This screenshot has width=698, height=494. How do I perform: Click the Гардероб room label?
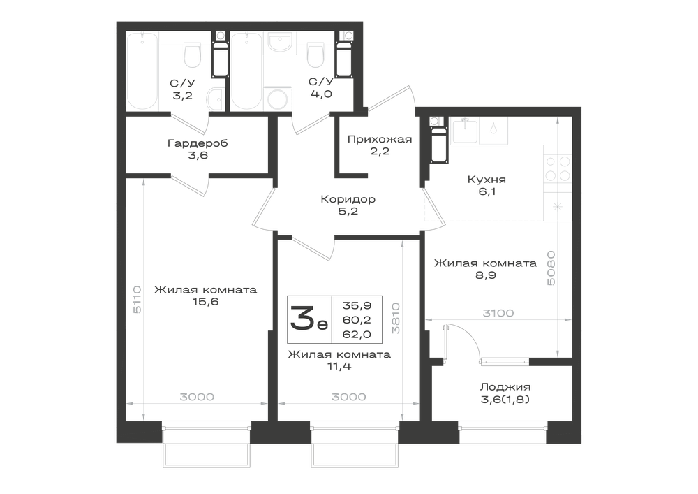click(x=198, y=143)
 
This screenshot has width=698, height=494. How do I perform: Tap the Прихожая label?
click(x=380, y=140)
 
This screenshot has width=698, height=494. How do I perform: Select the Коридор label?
click(x=348, y=199)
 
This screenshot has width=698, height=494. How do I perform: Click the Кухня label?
click(x=487, y=180)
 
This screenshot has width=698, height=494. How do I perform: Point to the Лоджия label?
click(x=505, y=387)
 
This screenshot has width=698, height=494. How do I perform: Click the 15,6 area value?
click(x=206, y=302)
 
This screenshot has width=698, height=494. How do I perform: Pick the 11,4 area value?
click(x=339, y=367)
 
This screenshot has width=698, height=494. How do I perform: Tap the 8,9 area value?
click(x=486, y=275)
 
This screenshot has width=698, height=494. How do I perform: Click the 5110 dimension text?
click(x=137, y=299)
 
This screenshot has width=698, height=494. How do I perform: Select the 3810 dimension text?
click(x=395, y=318)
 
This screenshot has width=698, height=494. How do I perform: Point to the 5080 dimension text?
click(x=551, y=268)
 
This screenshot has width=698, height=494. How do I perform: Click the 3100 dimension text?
click(x=498, y=313)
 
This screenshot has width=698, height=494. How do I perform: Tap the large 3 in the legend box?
click(x=302, y=318)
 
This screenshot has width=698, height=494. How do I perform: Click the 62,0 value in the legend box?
click(x=357, y=334)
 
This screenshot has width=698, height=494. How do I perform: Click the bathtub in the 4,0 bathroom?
click(x=247, y=71)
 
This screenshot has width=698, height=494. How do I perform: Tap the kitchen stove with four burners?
click(x=557, y=168)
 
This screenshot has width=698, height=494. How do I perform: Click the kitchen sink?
click(x=465, y=131)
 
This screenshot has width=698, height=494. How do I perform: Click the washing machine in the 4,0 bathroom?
click(x=279, y=99)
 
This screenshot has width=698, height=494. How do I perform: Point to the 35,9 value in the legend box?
click(x=357, y=305)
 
